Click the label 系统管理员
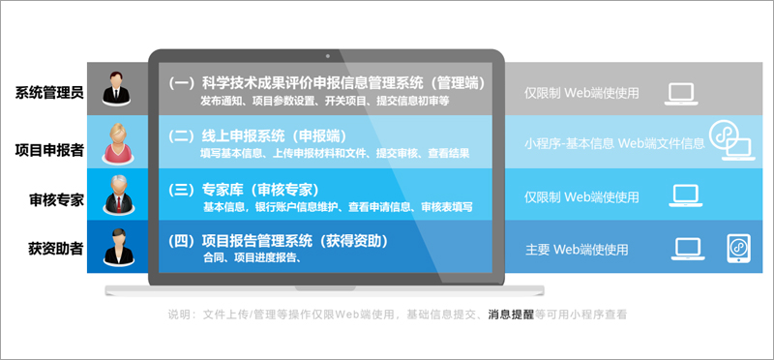point(49,93)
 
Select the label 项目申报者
point(49,149)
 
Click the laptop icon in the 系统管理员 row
point(683,93)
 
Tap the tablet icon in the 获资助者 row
point(739,249)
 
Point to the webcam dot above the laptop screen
point(329,54)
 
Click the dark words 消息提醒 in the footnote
point(511,315)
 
